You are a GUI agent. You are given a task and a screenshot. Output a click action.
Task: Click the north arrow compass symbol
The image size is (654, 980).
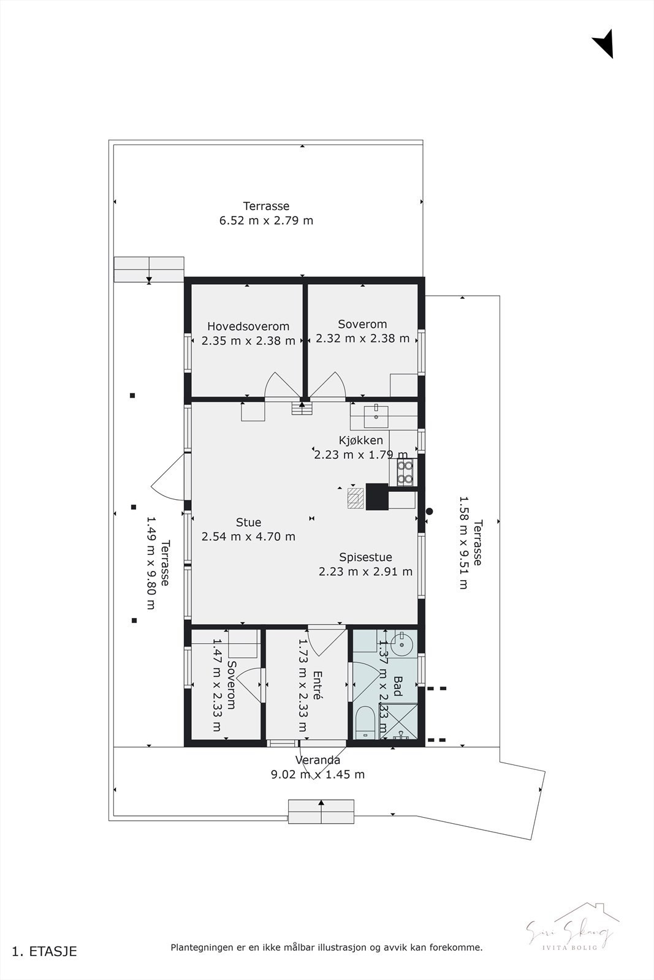(x=604, y=43)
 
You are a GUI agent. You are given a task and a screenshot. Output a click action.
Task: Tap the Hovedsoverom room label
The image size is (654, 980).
(x=248, y=326)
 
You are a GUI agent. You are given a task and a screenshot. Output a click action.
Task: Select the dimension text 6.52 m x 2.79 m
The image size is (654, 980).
(x=266, y=221)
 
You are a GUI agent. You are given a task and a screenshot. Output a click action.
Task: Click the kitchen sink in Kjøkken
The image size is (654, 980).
(x=375, y=417)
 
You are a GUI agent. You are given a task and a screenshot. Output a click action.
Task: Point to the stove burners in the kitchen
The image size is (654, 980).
(x=405, y=472)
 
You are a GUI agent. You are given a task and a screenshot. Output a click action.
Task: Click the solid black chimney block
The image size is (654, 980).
(x=377, y=496)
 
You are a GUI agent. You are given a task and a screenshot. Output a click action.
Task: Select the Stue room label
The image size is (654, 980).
(x=248, y=522)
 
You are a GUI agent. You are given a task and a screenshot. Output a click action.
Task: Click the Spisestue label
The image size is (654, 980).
(x=365, y=557)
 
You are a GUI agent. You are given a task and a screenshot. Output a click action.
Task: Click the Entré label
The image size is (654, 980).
(x=317, y=685)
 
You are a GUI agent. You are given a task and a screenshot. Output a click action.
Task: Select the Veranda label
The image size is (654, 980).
(x=317, y=760)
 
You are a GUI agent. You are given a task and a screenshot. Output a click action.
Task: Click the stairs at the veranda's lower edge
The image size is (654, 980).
(x=321, y=812)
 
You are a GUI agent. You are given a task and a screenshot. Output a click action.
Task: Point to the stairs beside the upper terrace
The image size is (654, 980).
(x=149, y=269)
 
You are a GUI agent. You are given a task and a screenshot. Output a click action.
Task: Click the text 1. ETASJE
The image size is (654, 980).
(x=45, y=951)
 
